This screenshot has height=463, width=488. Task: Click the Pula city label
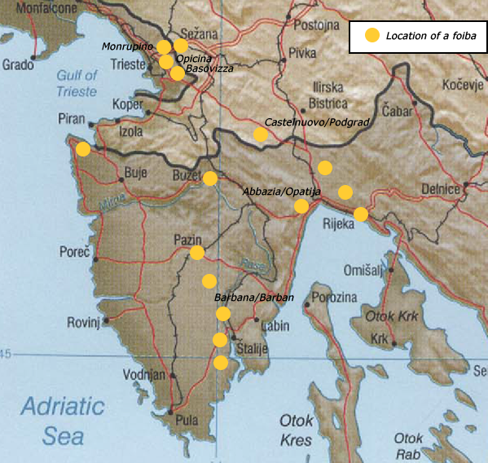(187, 421)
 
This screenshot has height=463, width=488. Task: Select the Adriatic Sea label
(63, 420)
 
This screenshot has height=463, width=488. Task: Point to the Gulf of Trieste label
(77, 83)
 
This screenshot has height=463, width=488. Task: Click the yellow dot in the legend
(371, 36)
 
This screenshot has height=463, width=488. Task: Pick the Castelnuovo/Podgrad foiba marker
(261, 134)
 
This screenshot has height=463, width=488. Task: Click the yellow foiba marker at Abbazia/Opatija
(301, 206)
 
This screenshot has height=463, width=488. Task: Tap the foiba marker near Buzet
(210, 179)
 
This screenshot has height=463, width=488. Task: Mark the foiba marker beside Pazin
(197, 253)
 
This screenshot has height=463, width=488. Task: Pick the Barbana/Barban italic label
(253, 298)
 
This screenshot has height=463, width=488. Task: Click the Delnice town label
(441, 189)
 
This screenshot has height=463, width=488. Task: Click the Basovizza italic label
(209, 69)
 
